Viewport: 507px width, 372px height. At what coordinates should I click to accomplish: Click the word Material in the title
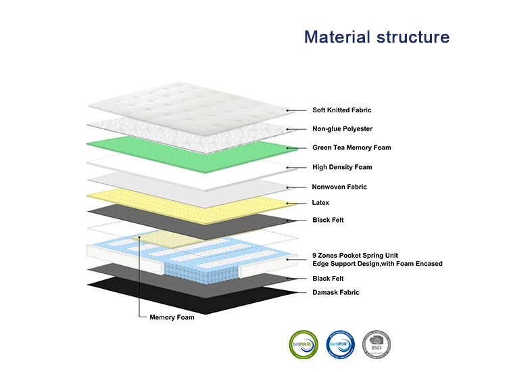click(x=337, y=37)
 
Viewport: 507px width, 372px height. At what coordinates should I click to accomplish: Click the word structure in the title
click(x=413, y=37)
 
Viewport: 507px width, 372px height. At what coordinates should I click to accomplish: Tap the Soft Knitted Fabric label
click(x=341, y=110)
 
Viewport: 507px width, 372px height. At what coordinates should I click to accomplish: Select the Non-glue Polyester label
click(x=342, y=129)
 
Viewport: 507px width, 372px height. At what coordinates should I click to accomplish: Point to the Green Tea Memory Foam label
click(x=352, y=147)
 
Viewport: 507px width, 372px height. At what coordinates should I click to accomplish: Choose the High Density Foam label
click(x=342, y=167)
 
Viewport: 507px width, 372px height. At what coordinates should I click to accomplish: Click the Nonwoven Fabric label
click(x=339, y=187)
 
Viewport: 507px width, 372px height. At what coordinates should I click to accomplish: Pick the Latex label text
click(x=321, y=202)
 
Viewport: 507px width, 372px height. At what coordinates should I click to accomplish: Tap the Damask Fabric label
click(x=336, y=292)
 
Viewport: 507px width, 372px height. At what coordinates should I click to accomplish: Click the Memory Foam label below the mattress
click(x=172, y=317)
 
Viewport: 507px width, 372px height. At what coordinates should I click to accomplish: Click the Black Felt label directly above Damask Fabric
click(x=328, y=278)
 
